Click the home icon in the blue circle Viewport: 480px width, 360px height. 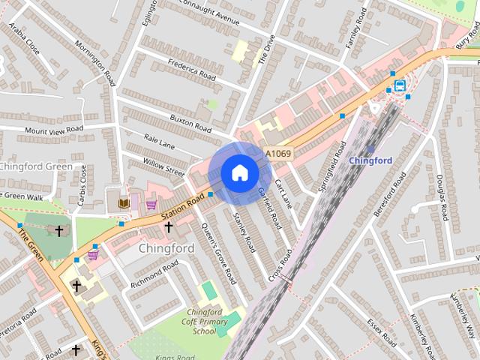(x=239, y=173)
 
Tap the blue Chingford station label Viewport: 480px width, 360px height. (x=370, y=160)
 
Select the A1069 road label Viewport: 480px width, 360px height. (x=278, y=154)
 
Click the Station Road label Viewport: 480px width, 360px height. (x=182, y=209)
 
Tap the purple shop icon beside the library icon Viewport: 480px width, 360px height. (x=151, y=203)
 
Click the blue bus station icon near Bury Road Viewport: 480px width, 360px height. (x=400, y=85)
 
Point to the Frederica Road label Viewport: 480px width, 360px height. (x=192, y=72)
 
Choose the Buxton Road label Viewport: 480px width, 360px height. (x=191, y=119)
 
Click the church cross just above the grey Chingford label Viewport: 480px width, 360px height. (x=169, y=226)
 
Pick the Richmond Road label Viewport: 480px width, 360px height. (x=154, y=274)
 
